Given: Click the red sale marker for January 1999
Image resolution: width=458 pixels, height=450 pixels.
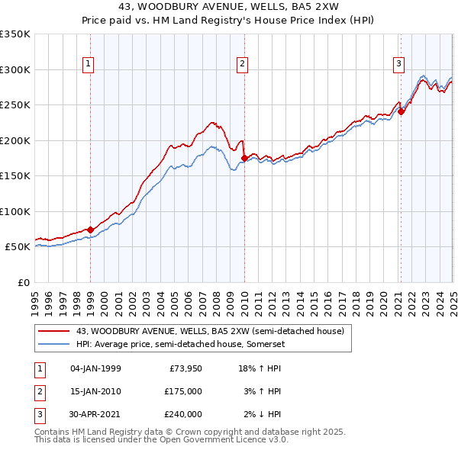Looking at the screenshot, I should tap(91, 230).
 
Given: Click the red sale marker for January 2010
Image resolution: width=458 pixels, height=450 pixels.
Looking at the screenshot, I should tap(244, 158).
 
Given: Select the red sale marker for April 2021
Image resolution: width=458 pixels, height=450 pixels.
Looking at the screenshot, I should tap(401, 111).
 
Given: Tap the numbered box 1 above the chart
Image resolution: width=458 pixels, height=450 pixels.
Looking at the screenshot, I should tap(89, 65).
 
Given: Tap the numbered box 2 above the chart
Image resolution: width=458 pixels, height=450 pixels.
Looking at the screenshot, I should tap(242, 65).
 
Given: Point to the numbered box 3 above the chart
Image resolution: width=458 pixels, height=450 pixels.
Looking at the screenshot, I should tap(398, 65).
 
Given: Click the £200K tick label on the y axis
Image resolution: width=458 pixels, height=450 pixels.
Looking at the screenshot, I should tap(15, 140).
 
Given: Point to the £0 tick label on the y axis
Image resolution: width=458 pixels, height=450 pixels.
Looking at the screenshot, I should tap(23, 282).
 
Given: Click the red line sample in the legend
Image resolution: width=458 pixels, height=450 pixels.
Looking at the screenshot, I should tap(54, 331).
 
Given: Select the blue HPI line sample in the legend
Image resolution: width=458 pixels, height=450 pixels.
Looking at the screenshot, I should tap(54, 344).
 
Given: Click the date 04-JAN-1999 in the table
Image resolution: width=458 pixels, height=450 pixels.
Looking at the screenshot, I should tap(95, 368).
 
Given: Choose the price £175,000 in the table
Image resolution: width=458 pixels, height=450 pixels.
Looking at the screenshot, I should tap(183, 391).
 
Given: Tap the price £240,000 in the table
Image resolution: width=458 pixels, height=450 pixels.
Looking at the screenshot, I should tap(183, 414).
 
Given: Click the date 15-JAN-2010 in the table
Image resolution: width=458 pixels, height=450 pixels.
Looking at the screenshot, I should tap(95, 391).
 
